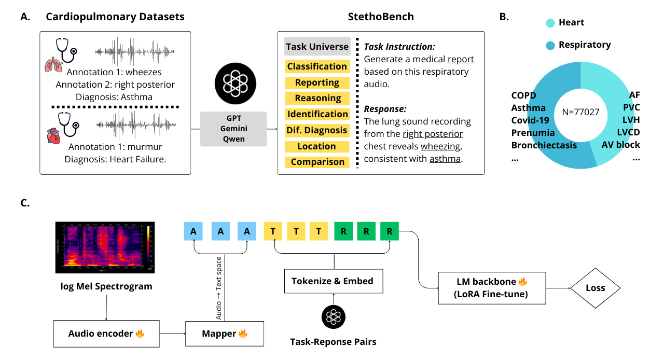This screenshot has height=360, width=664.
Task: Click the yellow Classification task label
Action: tap(317, 66)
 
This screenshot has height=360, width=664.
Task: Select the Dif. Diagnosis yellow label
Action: tap(317, 130)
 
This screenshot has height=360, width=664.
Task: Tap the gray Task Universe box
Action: tap(317, 47)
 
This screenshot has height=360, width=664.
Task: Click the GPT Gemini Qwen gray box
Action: tap(233, 129)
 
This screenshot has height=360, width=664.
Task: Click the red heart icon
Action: tap(53, 136)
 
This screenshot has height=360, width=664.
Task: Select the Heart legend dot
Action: tap(550, 23)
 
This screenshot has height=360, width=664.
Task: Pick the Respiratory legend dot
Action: tap(550, 45)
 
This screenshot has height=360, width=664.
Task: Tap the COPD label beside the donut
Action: tap(523, 95)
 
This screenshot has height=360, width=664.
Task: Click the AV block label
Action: tap(620, 145)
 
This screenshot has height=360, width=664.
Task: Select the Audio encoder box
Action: tap(106, 334)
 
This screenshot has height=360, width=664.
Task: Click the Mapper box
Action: tap(225, 334)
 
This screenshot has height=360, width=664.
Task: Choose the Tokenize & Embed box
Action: tap(333, 281)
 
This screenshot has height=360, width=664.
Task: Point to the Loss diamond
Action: tap(595, 288)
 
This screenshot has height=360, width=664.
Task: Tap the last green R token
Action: tap(389, 231)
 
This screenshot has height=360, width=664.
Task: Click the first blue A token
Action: tap(193, 231)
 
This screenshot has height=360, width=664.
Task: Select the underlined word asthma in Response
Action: tap(445, 159)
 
